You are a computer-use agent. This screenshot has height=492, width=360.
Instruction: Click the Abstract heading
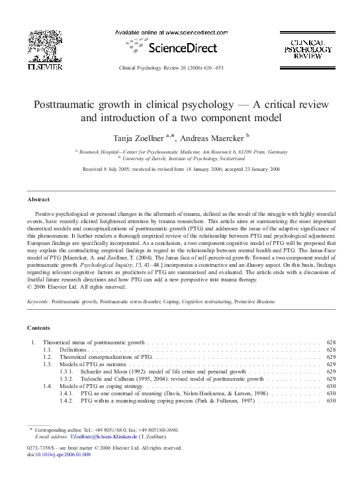coord(38,199)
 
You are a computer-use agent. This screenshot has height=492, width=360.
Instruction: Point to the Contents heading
coord(39,328)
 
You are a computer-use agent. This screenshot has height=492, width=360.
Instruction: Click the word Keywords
coord(39,301)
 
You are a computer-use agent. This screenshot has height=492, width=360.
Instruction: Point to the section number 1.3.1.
coord(67,372)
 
